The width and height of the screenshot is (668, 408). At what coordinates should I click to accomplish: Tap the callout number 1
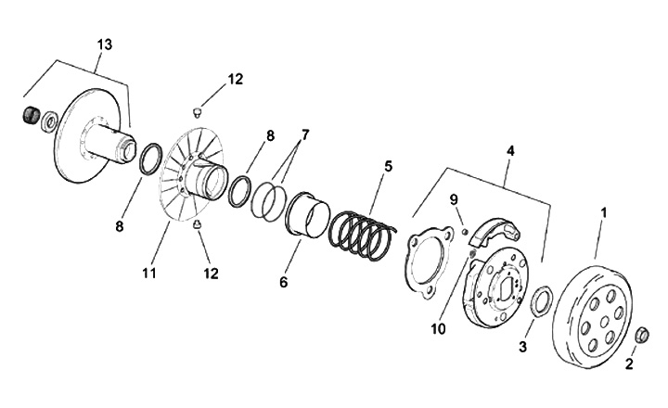(603, 212)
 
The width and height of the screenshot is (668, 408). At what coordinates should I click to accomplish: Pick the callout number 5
(388, 167)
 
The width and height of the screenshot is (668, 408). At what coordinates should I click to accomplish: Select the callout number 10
(437, 328)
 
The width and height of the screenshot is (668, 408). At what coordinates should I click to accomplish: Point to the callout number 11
(149, 274)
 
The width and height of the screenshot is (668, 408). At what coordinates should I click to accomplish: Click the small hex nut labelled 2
(640, 334)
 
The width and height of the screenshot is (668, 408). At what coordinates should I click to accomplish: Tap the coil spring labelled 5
(362, 238)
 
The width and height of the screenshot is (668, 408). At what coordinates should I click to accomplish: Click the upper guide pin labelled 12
(197, 111)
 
